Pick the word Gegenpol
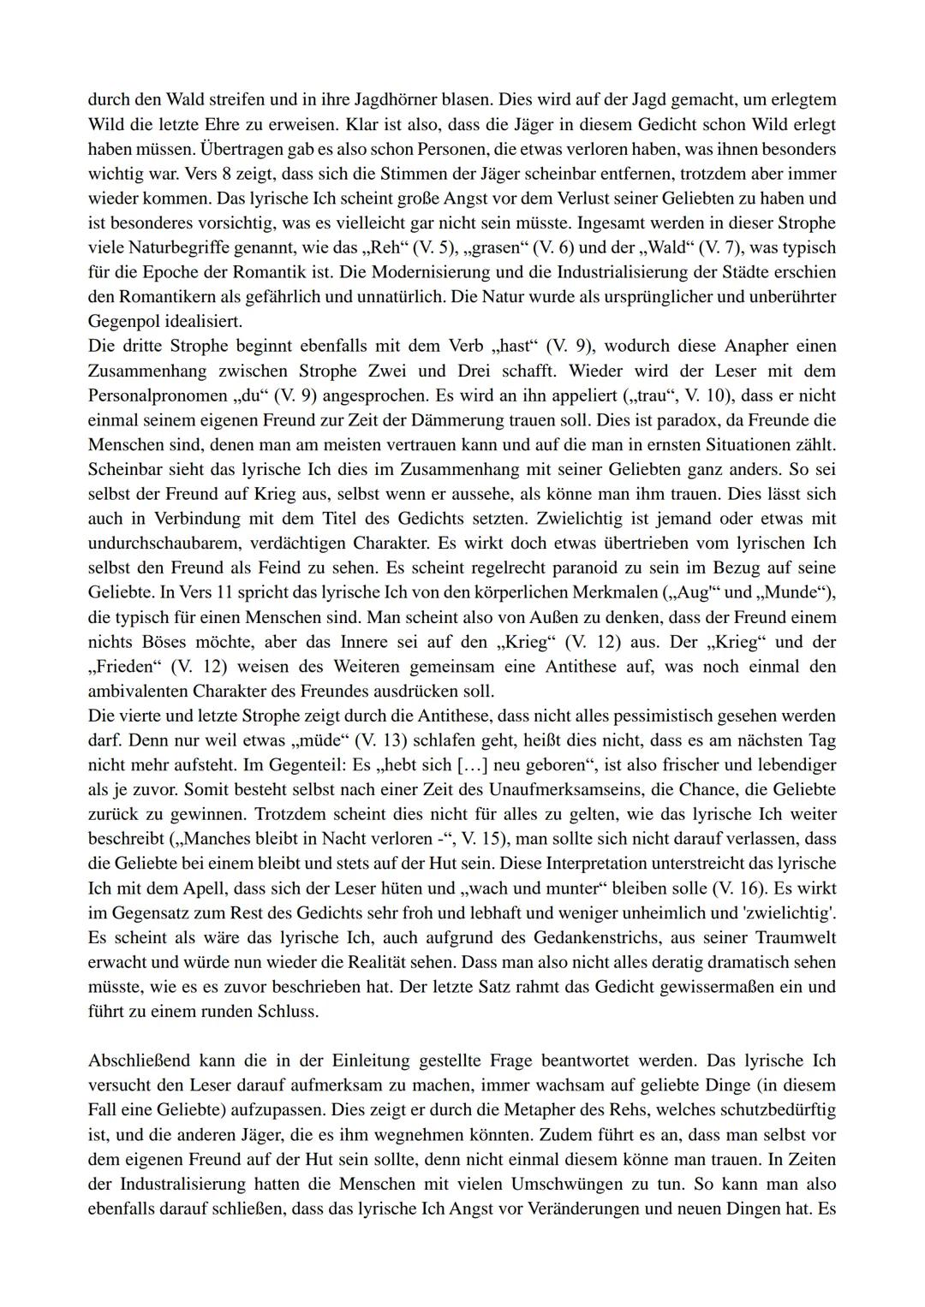[x=125, y=322]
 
